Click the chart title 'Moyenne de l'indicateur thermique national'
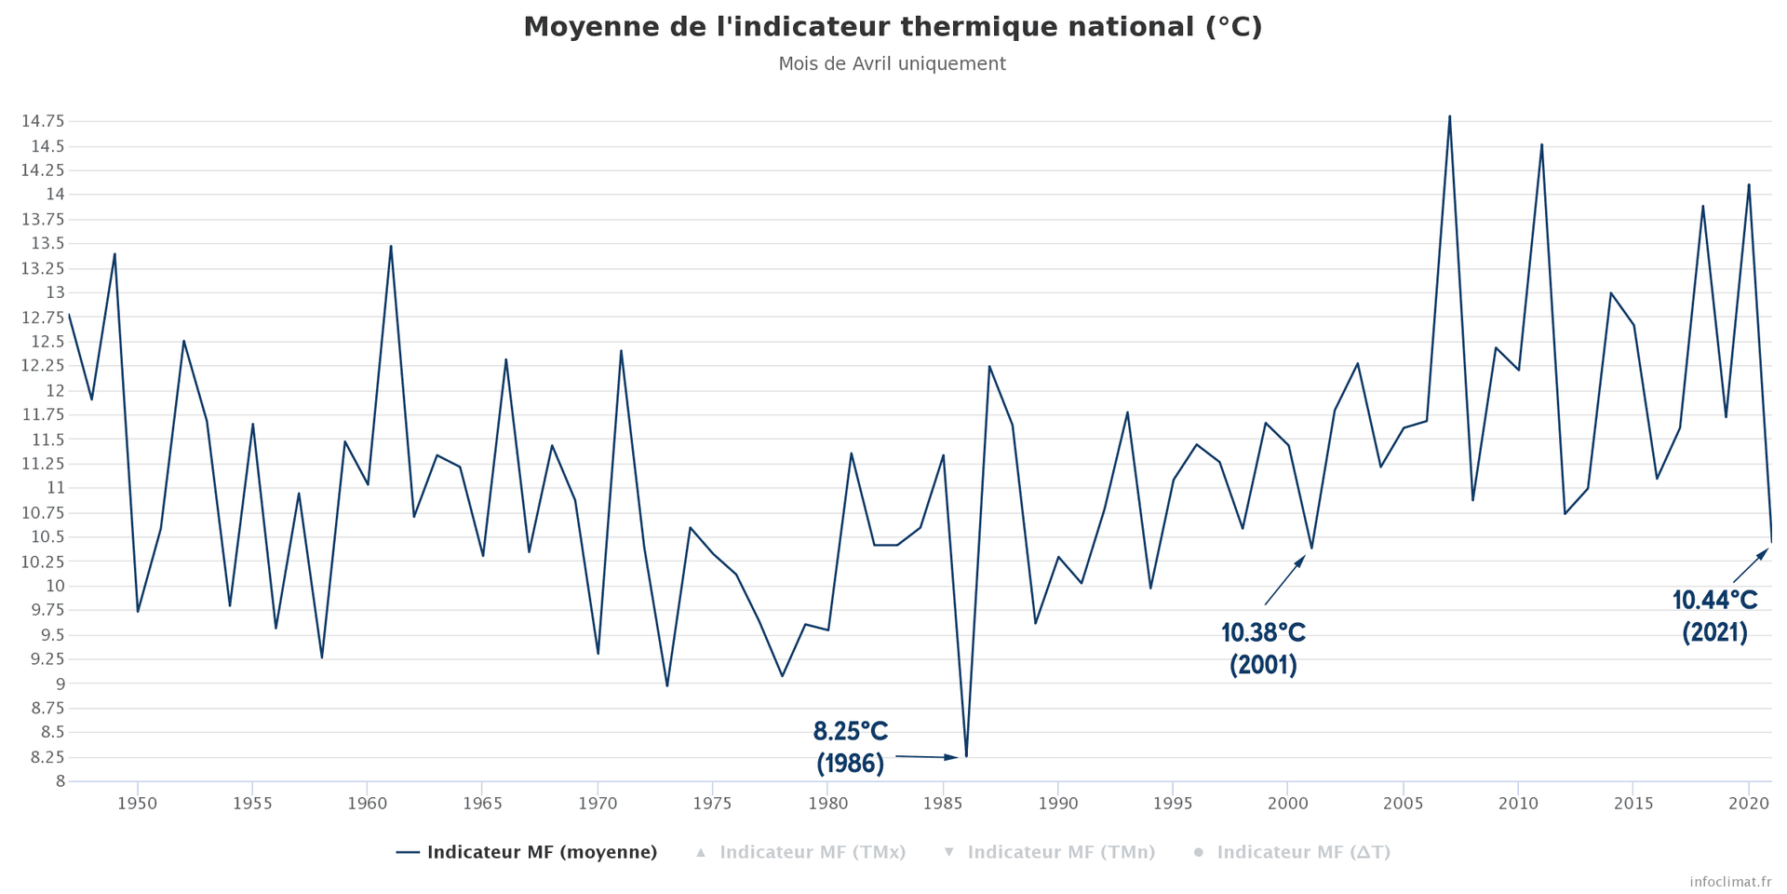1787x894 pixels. [x=892, y=27]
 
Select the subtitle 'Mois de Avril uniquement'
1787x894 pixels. [x=892, y=64]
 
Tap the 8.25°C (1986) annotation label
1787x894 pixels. [x=850, y=747]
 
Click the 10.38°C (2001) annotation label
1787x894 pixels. [x=1263, y=649]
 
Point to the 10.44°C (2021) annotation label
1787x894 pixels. [x=1714, y=616]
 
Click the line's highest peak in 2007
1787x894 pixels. [x=1449, y=116]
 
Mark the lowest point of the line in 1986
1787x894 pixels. [x=966, y=756]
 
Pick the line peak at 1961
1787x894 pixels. [x=391, y=246]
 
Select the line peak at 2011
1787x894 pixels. [x=1541, y=144]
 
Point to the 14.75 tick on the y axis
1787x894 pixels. [x=43, y=121]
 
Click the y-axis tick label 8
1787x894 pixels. [x=60, y=781]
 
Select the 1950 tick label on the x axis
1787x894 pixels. [x=138, y=803]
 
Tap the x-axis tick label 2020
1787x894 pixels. [x=1748, y=803]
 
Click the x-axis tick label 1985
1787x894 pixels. [x=943, y=803]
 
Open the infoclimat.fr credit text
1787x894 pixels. [x=1730, y=881]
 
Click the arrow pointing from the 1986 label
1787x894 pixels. [x=926, y=757]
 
